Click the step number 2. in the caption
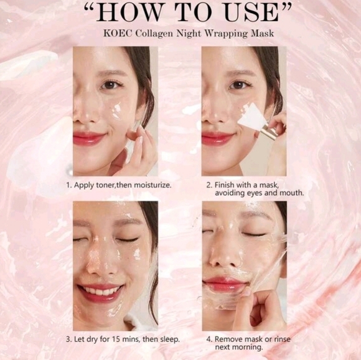209,185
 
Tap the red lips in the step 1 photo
88,138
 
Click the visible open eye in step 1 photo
111,85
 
